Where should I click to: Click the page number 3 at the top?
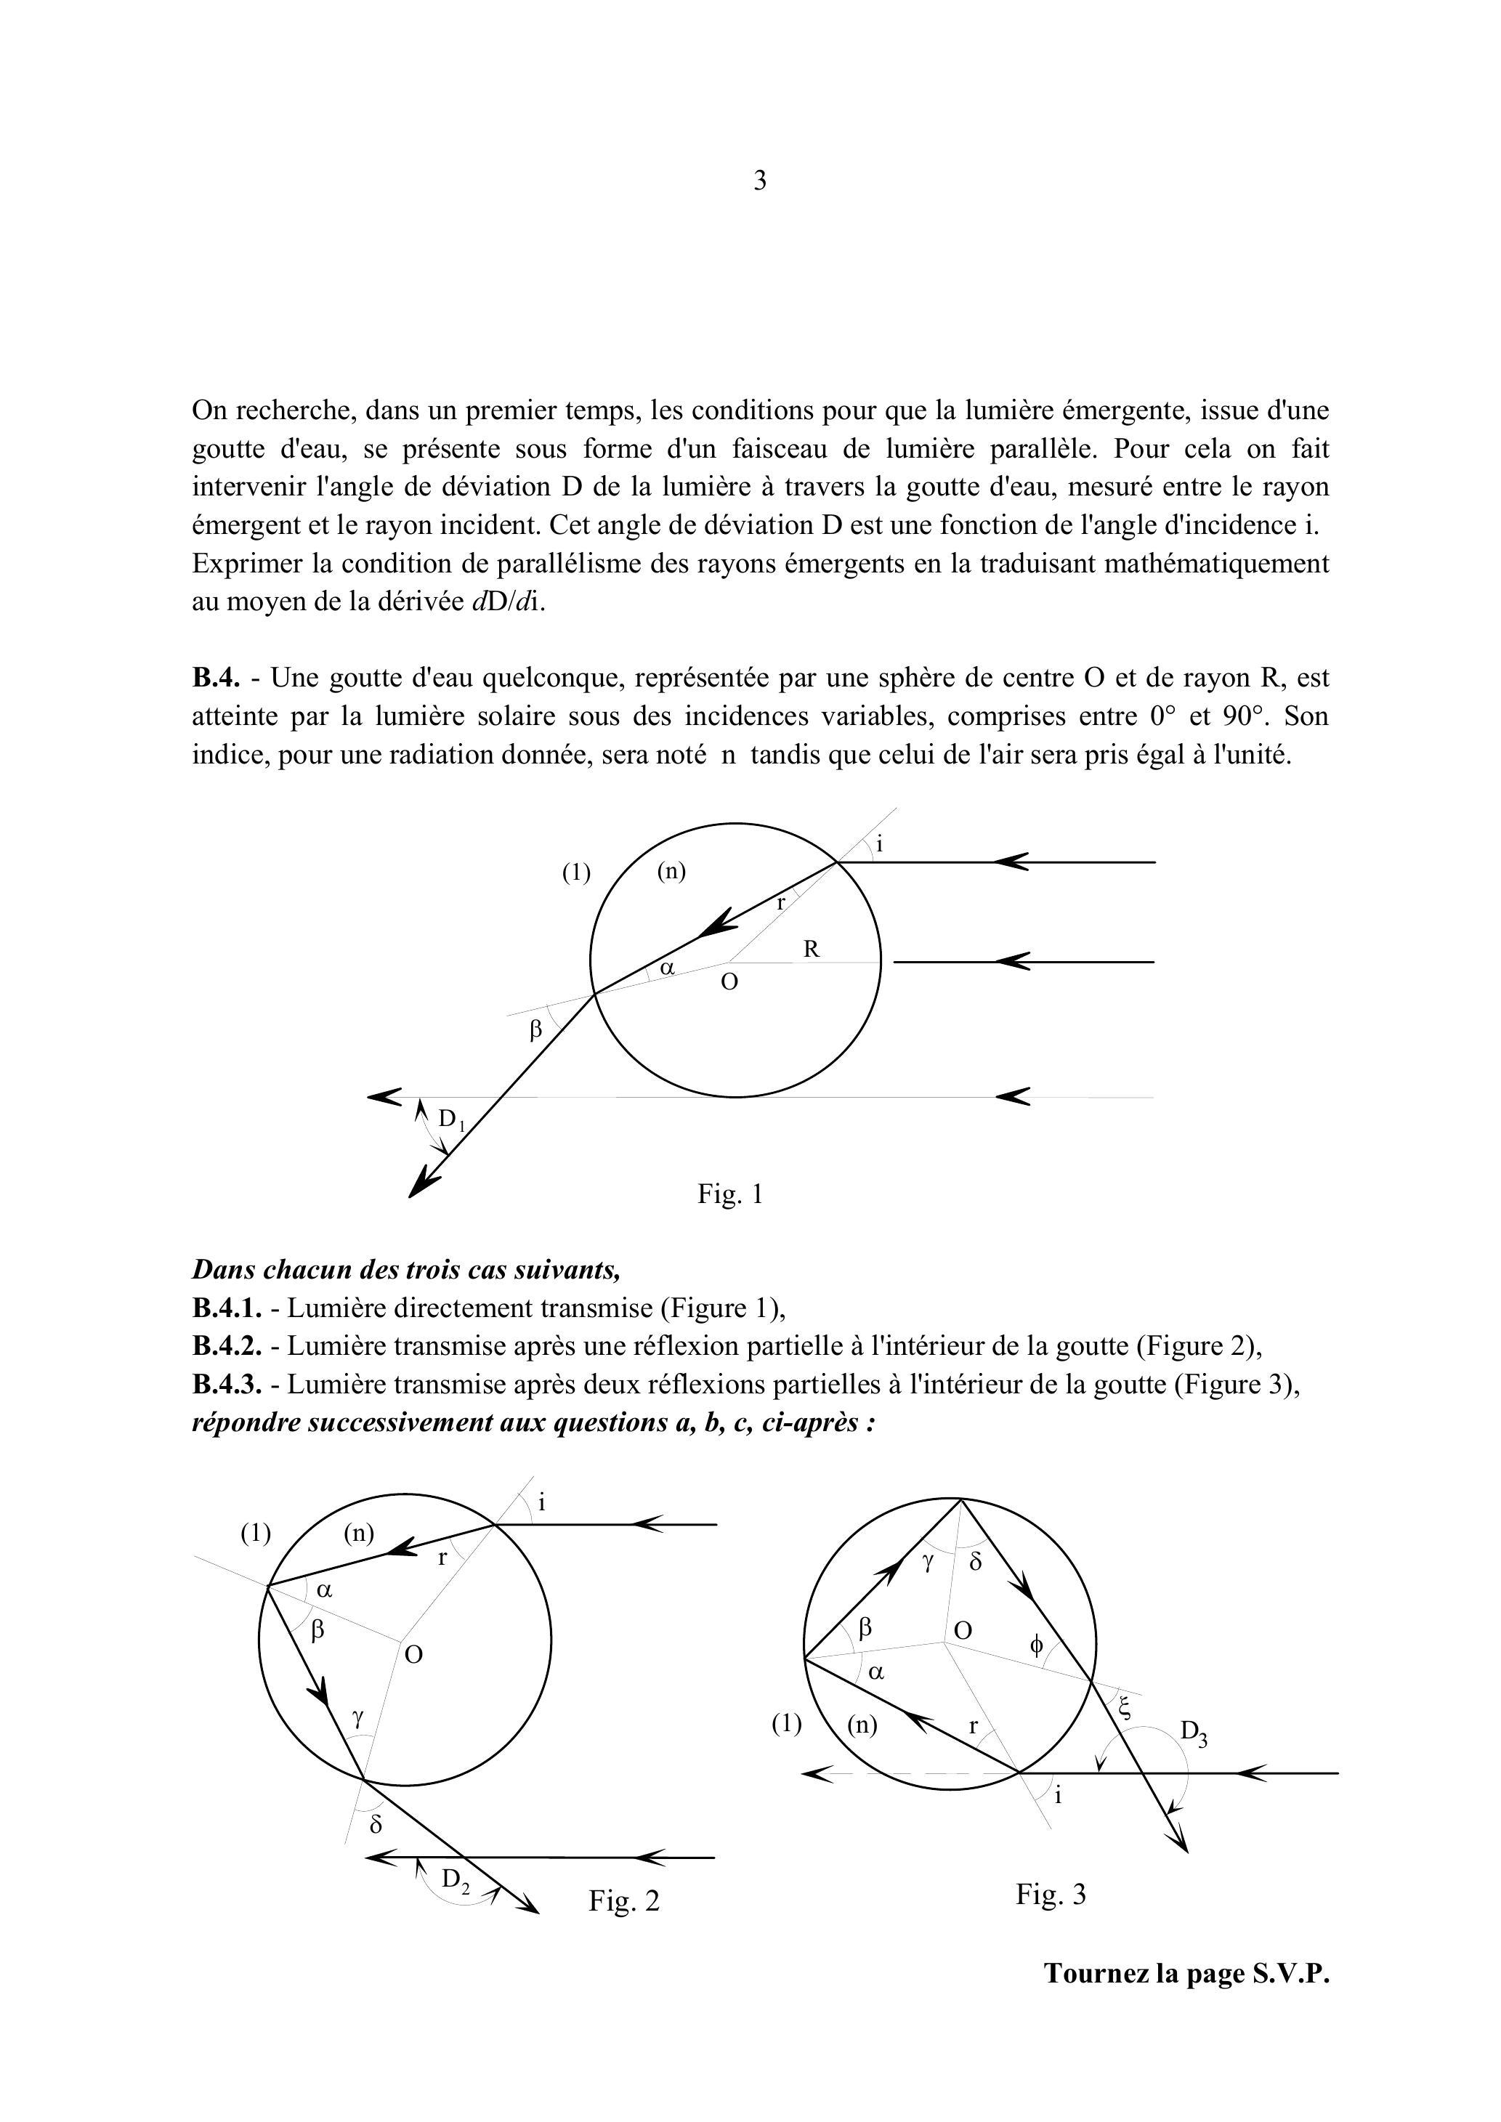760,180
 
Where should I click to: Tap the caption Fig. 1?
730,1194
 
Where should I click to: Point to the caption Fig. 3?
1051,1894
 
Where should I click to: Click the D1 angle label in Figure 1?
451,1120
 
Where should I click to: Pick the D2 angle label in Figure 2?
456,1879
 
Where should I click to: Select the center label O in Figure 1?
729,982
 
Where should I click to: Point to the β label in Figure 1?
535,1029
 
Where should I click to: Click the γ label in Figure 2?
357,1718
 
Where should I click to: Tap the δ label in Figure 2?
375,1824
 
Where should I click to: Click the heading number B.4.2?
227,1347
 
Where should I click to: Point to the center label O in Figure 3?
962,1630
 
